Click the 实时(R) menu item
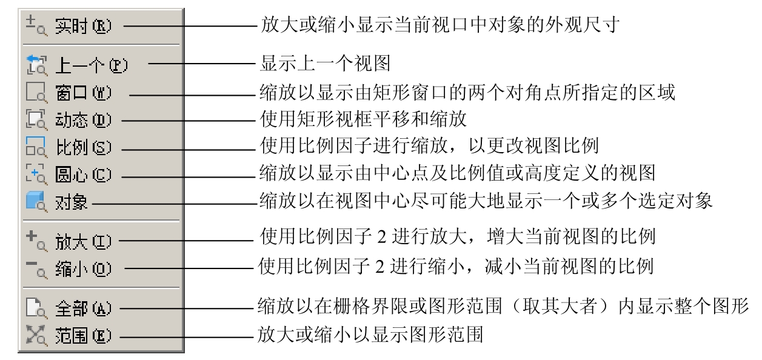tap(83, 26)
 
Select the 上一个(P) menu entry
tap(91, 65)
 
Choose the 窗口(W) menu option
tap(83, 93)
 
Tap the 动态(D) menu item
tap(83, 120)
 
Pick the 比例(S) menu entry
tap(83, 147)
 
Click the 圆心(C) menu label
tap(83, 175)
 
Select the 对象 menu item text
tap(71, 202)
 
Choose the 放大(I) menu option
tap(83, 242)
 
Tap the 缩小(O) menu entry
tap(83, 269)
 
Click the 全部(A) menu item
tap(83, 308)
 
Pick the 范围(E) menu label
tap(83, 336)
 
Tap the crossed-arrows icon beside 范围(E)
tap(36, 335)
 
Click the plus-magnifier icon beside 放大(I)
tap(36, 241)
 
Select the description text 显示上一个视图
tap(325, 64)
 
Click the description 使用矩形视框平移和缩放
tap(363, 119)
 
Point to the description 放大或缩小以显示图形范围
tap(370, 335)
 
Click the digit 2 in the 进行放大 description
tap(382, 237)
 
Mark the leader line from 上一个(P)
tap(202, 64)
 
